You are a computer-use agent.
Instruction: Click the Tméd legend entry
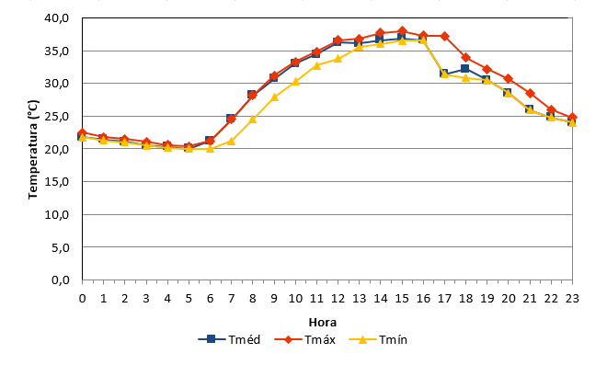tap(229, 339)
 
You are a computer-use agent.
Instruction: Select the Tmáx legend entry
tap(305, 339)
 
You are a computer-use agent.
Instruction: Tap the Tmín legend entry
tap(378, 339)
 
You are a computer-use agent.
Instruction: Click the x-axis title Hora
tap(323, 322)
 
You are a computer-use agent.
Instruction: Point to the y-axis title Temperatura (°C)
tap(33, 150)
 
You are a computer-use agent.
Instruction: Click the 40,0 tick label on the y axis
tap(56, 18)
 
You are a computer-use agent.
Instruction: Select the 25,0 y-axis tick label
tap(56, 116)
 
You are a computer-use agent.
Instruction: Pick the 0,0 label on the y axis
tap(60, 279)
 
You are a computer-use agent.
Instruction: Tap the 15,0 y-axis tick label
tap(56, 181)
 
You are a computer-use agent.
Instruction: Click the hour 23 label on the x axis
tap(572, 299)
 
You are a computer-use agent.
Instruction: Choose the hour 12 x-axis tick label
tap(338, 299)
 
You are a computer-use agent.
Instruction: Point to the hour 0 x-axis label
tap(82, 299)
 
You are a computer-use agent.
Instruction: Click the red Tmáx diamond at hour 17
tap(444, 36)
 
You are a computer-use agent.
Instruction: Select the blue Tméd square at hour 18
tap(465, 69)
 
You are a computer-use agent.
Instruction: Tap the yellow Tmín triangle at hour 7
tap(231, 142)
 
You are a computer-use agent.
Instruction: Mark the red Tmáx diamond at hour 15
tap(402, 31)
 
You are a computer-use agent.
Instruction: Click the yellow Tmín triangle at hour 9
tap(274, 97)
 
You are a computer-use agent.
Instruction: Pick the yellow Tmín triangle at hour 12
tap(338, 59)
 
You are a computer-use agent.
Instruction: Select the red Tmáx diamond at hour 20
tap(509, 78)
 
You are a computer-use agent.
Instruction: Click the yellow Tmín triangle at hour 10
tap(295, 81)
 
